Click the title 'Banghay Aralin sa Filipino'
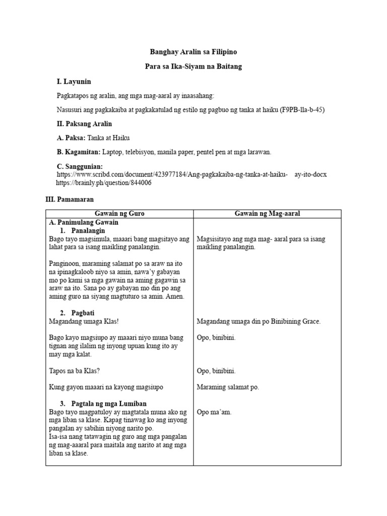pyautogui.click(x=193, y=52)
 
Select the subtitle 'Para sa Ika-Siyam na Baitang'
pyautogui.click(x=193, y=67)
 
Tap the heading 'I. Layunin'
pyautogui.click(x=74, y=82)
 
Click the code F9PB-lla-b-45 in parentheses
pyautogui.click(x=302, y=110)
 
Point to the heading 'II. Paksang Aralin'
pyautogui.click(x=84, y=123)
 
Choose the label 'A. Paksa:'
pyautogui.click(x=71, y=138)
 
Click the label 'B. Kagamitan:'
pyautogui.click(x=79, y=152)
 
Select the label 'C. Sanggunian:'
pyautogui.click(x=80, y=166)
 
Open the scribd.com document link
pyautogui.click(x=191, y=174)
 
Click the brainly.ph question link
pyautogui.click(x=103, y=182)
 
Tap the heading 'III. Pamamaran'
pyautogui.click(x=70, y=200)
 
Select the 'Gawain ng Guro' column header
pyautogui.click(x=120, y=214)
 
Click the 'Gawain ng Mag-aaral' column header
pyautogui.click(x=267, y=214)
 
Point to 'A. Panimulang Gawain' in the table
pyautogui.click(x=84, y=222)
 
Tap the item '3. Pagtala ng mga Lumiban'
pyautogui.click(x=103, y=404)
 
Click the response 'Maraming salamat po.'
pyautogui.click(x=228, y=387)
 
